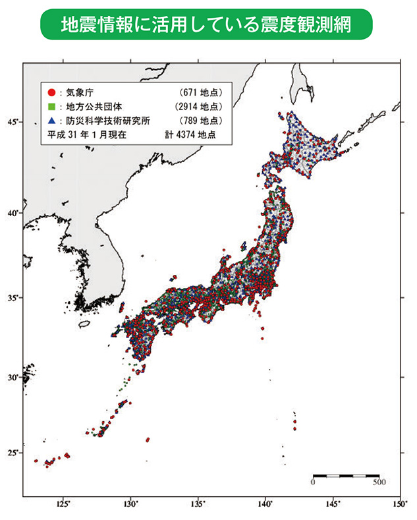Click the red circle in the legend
point(50,92)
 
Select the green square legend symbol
point(50,107)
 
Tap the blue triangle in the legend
point(50,121)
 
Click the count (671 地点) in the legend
point(200,92)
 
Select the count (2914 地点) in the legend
point(198,107)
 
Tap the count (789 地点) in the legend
point(200,121)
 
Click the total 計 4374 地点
point(190,135)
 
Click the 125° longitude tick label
point(63,504)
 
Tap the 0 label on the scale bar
point(313,482)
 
